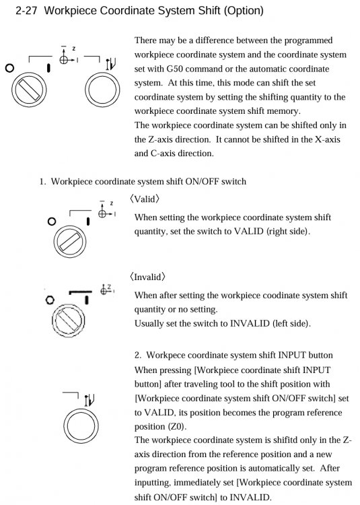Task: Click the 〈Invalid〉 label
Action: pyautogui.click(x=148, y=277)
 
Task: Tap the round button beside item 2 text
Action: pyautogui.click(x=79, y=423)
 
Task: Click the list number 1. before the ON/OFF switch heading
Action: pyautogui.click(x=44, y=181)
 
